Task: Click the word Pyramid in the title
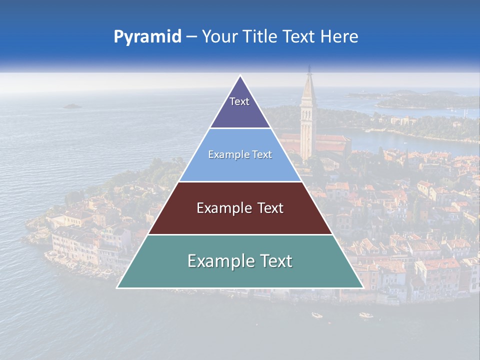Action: pos(147,36)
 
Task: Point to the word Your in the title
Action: pos(219,36)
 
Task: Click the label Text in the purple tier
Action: pos(239,101)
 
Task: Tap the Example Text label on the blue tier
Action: pos(240,154)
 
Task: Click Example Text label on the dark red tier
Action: pos(240,208)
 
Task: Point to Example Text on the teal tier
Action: pos(240,261)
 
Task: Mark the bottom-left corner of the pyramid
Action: pos(117,287)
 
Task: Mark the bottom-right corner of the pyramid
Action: pos(363,287)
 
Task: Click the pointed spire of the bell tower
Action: pos(309,70)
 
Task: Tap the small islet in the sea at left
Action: pos(72,106)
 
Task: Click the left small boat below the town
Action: pos(317,315)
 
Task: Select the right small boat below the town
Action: pos(366,315)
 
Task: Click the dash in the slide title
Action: pos(191,37)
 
